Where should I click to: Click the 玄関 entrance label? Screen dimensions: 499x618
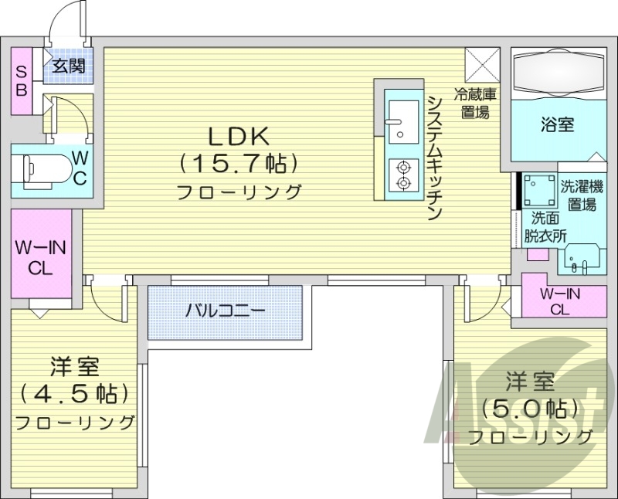coord(67,66)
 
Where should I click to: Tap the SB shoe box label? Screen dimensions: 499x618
coord(22,80)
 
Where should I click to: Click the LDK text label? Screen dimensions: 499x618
coord(238,137)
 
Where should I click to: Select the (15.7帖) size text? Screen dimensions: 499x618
coord(238,163)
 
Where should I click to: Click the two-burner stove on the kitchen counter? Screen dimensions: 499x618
coord(402,175)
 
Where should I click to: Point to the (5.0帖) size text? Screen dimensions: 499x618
coord(530,407)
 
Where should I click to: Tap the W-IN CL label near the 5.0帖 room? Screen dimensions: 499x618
coord(561,301)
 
